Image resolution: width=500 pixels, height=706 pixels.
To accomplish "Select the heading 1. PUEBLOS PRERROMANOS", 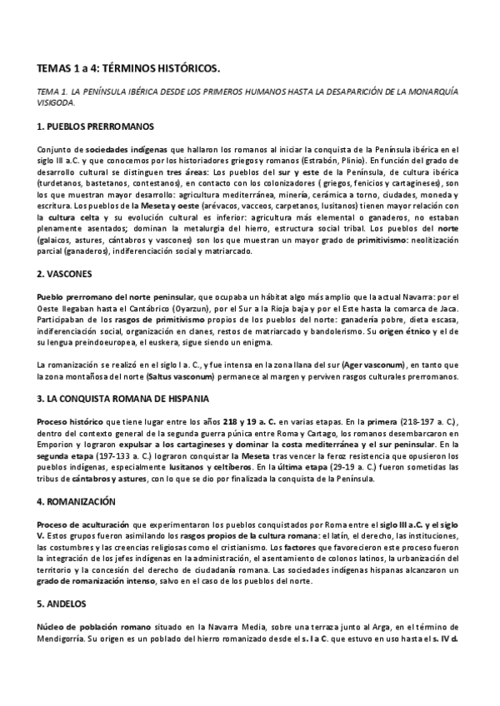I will coord(96,127).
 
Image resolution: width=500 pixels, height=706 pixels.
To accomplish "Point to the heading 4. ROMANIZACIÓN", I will coord(82,501).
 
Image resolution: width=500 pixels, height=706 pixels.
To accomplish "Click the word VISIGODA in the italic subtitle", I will coord(56,104).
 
